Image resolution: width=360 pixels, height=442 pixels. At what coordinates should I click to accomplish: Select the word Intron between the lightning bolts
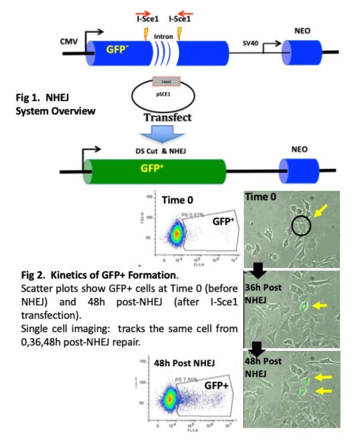[x=163, y=37]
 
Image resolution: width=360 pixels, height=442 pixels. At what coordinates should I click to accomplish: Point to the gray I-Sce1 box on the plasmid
[x=166, y=82]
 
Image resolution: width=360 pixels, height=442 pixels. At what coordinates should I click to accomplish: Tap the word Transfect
[x=168, y=117]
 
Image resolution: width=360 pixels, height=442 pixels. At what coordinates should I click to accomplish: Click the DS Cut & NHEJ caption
[x=163, y=151]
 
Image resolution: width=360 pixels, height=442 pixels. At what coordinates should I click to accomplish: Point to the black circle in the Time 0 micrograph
[x=301, y=226]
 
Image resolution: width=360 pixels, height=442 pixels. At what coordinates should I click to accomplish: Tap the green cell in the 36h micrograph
[x=304, y=306]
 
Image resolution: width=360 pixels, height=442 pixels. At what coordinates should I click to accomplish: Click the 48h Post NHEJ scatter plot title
[x=184, y=363]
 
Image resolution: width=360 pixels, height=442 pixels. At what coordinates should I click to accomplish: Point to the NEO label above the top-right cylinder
[x=302, y=31]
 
